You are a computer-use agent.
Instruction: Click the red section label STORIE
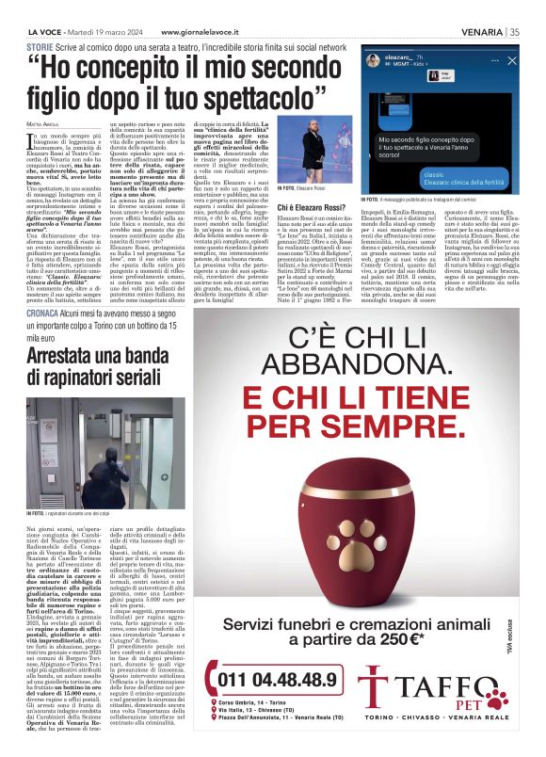40,46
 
